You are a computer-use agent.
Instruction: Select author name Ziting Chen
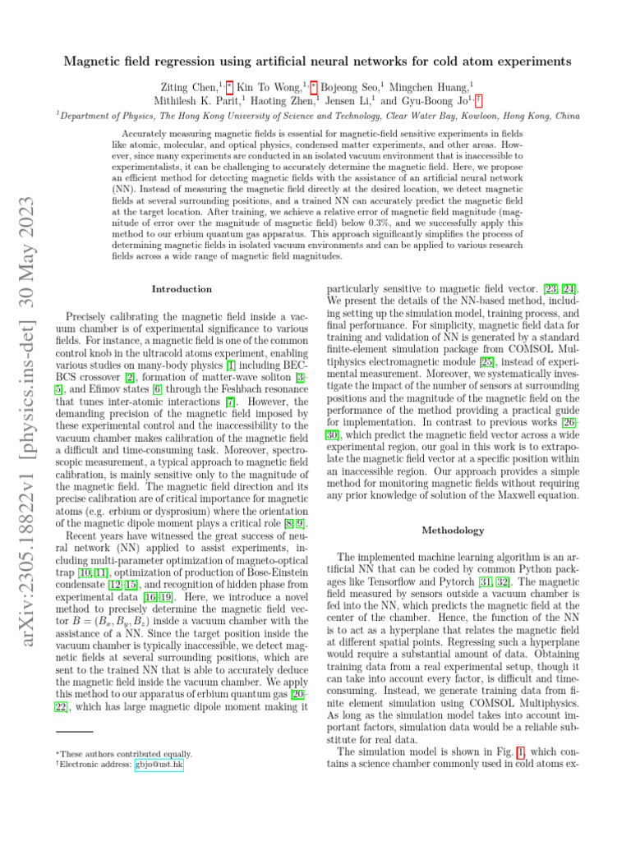click(181, 85)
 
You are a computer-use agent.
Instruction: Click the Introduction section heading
click(182, 289)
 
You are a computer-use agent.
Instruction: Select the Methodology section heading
click(453, 531)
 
